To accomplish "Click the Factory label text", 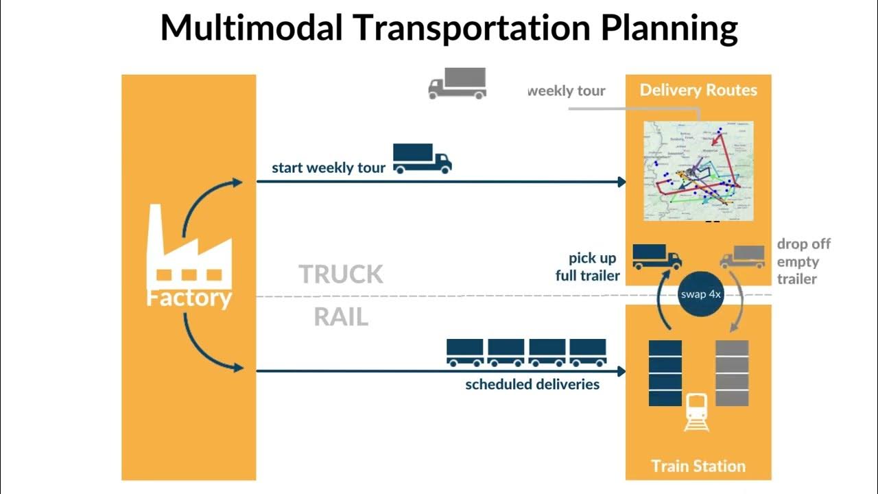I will pos(189,298).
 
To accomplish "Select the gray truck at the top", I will pos(457,84).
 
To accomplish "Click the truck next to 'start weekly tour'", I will pos(422,158).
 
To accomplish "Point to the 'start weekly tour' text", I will pos(329,168).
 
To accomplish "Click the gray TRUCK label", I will pos(341,274).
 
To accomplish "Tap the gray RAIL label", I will pos(341,317).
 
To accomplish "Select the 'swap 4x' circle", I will pos(700,294).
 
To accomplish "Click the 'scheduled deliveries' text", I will pos(532,384).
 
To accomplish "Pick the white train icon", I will pos(697,412).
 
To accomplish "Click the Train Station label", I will pos(698,467).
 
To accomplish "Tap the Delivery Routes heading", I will pos(698,90).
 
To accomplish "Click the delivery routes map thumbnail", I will pos(698,171).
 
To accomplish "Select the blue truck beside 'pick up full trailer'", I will pos(656,257).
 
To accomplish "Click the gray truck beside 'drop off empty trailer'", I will pos(742,257).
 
